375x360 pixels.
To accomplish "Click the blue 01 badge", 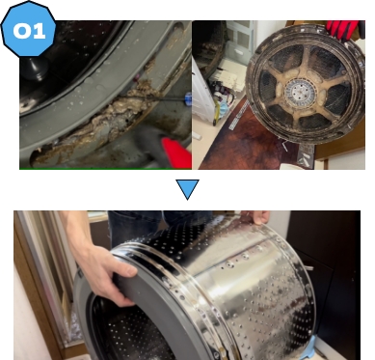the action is pos(29,30).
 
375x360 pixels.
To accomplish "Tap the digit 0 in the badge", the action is pos(21,31).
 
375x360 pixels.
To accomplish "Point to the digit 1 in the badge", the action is pos(39,32).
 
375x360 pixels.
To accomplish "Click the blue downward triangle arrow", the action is pos(187,189).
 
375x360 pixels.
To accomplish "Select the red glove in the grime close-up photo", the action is pos(176,153).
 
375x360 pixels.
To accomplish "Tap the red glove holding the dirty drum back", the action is pos(343,29).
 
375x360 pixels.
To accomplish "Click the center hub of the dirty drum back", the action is pos(300,93).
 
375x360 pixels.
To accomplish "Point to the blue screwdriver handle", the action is pos(188,97).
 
